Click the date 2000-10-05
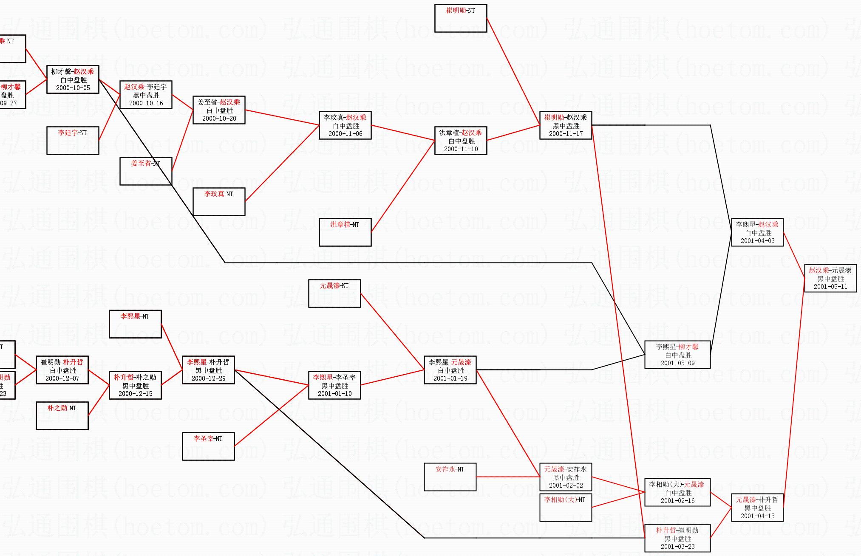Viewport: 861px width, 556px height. [73, 88]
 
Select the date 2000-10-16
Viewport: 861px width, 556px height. [146, 103]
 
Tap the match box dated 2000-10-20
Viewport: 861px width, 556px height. [219, 110]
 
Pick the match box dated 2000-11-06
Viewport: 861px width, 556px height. [345, 125]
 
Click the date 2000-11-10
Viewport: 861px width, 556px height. [461, 149]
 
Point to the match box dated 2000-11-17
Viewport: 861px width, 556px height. [566, 125]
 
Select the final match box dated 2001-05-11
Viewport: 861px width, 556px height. [830, 278]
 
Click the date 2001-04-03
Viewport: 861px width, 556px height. [757, 241]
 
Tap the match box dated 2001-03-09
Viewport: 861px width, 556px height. [677, 355]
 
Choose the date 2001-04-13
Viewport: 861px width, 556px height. [757, 516]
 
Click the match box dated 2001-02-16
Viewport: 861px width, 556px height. [677, 492]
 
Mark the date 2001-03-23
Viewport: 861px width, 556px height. [677, 547]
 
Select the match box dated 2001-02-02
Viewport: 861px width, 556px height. [566, 477]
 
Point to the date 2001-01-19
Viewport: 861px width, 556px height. [450, 378]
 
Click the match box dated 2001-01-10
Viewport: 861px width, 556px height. [334, 385]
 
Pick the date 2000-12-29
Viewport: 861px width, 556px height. [208, 378]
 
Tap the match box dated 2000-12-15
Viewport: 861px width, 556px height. [135, 385]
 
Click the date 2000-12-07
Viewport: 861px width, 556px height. [62, 378]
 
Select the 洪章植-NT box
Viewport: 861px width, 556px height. [345, 232]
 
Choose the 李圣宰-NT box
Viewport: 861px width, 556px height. [208, 446]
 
